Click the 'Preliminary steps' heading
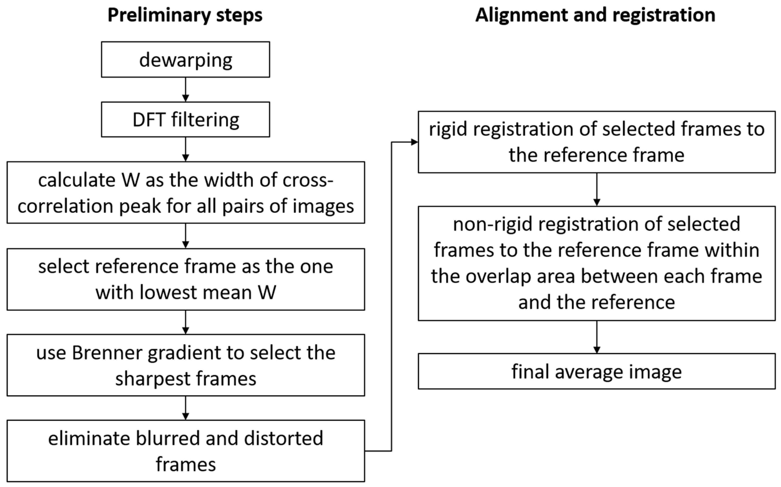coord(185,15)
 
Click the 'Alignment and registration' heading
coord(595,15)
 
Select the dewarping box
coord(185,60)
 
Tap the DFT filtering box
coord(185,120)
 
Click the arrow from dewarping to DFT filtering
coord(185,90)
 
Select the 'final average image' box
coord(596,371)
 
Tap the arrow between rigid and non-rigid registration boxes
coord(596,189)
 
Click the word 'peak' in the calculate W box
coord(140,206)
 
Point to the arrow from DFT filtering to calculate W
coord(185,149)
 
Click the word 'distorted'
coord(283,439)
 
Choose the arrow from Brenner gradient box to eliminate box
coord(185,408)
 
